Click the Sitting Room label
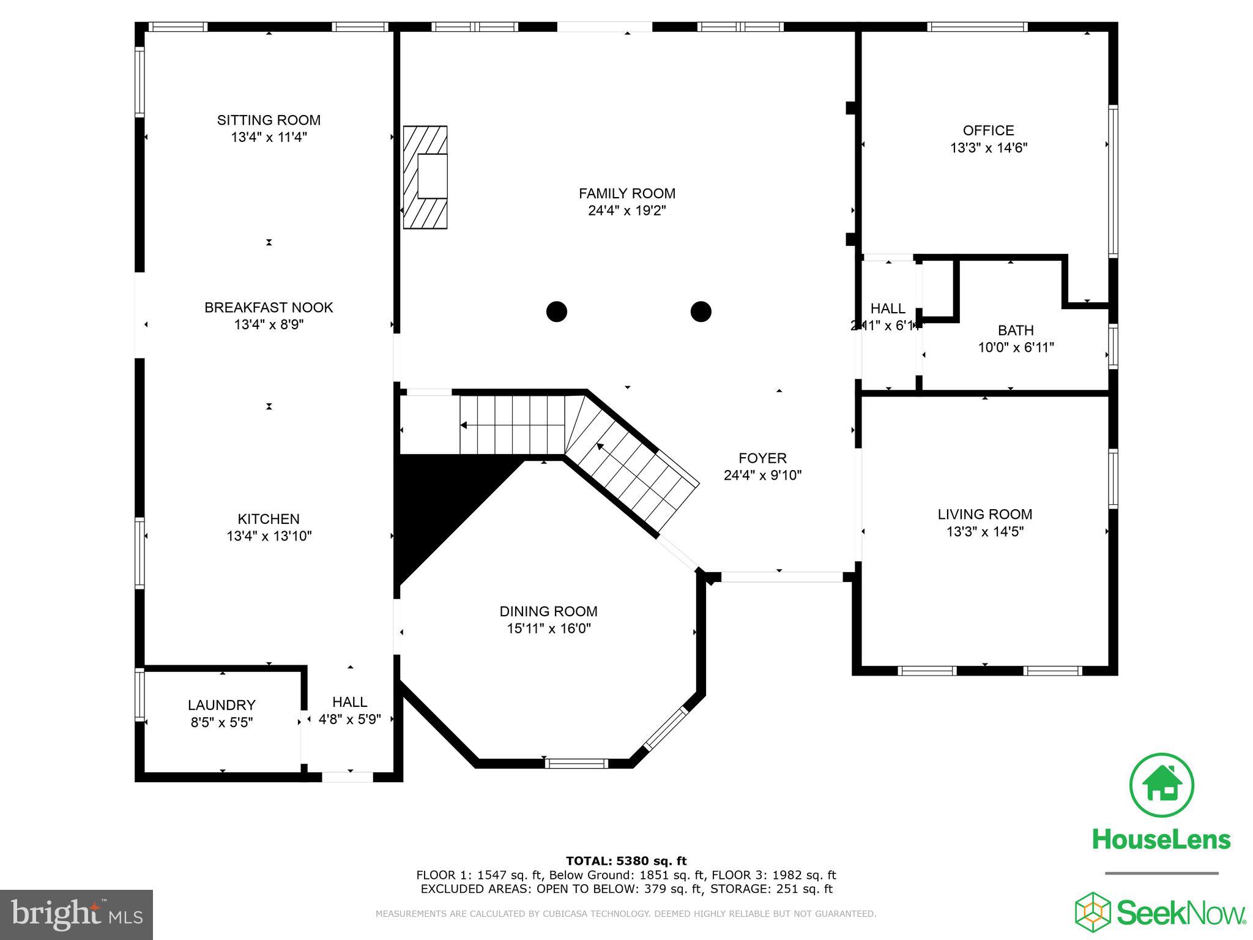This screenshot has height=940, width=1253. (269, 120)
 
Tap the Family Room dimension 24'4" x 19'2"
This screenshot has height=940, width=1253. (626, 211)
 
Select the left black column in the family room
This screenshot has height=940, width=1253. (556, 311)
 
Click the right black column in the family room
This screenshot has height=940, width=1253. (701, 311)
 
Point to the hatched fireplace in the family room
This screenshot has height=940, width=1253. (425, 177)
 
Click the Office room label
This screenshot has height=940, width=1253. (988, 130)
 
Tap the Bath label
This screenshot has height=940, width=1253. (1016, 330)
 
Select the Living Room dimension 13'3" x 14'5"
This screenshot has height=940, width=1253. (984, 531)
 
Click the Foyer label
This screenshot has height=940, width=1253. (762, 458)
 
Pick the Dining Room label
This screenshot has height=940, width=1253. (548, 611)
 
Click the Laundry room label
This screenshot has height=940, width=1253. (221, 705)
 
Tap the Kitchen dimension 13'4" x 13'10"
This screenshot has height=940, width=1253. (269, 536)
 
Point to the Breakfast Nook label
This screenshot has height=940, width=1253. (269, 307)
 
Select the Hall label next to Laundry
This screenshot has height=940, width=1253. (349, 702)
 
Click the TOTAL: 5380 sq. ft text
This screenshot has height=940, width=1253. (626, 861)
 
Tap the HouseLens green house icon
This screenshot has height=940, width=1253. (1161, 786)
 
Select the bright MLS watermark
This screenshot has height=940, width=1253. (76, 914)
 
